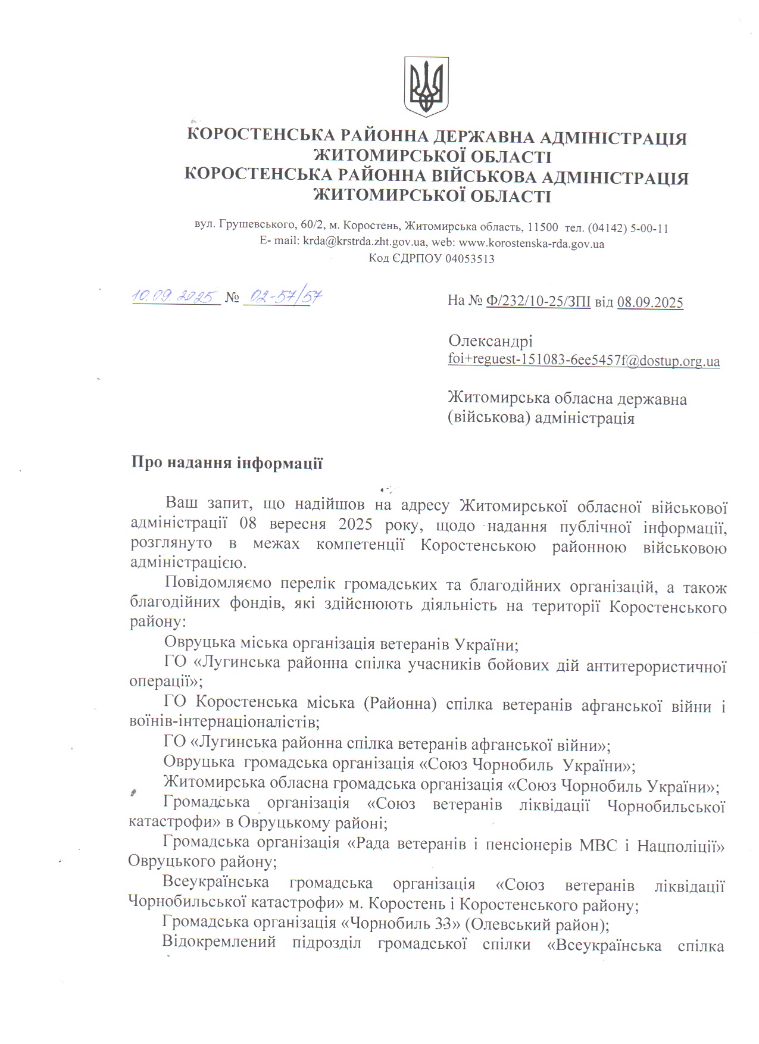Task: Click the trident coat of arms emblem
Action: point(426,86)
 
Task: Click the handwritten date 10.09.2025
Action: point(176,296)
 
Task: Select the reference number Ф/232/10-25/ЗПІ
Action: point(538,302)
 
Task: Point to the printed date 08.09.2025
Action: point(650,302)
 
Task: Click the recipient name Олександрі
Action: point(491,341)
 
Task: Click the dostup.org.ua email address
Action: point(583,361)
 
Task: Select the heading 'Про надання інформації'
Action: point(227,463)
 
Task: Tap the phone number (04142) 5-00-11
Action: point(627,228)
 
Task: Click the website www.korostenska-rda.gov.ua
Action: point(532,243)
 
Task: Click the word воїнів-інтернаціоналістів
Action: point(224,723)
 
